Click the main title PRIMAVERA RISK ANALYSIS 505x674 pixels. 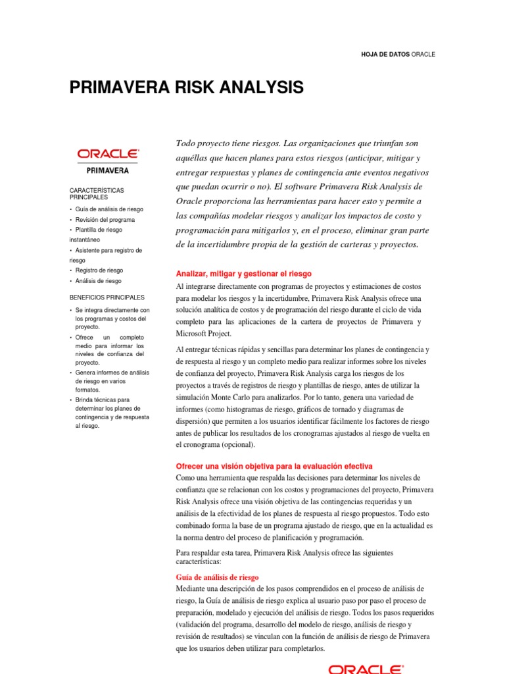pyautogui.click(x=187, y=88)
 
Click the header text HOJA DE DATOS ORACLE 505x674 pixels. pyautogui.click(x=398, y=54)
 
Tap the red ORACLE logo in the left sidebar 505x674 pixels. pyautogui.click(x=108, y=153)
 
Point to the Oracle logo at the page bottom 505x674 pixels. pyautogui.click(x=366, y=669)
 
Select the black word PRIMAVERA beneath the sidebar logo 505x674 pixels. pyautogui.click(x=108, y=170)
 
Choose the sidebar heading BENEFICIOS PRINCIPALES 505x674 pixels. pyautogui.click(x=107, y=298)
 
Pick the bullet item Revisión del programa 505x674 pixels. pyautogui.click(x=105, y=220)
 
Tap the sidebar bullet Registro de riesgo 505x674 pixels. pyautogui.click(x=99, y=271)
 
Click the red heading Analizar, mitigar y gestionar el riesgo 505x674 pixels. pyautogui.click(x=243, y=273)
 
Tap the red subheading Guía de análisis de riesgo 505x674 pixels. pyautogui.click(x=217, y=577)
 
